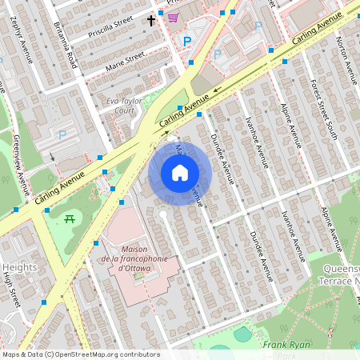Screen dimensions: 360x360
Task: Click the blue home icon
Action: [180, 173]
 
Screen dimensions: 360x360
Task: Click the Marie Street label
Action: [125, 61]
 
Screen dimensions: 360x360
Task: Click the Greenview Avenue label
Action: [19, 164]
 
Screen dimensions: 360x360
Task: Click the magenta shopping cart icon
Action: [172, 17]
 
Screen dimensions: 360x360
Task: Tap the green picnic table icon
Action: [70, 218]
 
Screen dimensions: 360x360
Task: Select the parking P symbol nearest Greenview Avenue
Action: [62, 135]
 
